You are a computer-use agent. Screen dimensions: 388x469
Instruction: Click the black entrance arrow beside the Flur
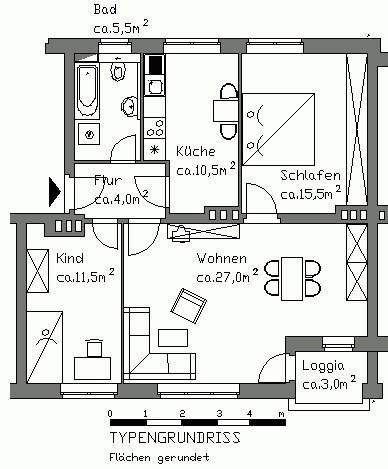click(55, 192)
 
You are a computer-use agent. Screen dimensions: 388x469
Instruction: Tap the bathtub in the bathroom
click(87, 90)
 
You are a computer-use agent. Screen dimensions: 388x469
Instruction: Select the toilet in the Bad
click(117, 69)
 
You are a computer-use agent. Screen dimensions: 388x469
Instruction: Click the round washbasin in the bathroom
click(129, 106)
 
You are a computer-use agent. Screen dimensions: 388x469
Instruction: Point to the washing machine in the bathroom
click(89, 134)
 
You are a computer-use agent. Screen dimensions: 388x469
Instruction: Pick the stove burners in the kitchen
click(155, 127)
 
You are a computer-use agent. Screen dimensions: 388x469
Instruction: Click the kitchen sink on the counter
click(155, 87)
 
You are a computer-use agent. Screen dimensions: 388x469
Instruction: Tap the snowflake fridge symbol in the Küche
click(154, 150)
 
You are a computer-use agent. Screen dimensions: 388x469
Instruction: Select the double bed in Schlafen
click(278, 129)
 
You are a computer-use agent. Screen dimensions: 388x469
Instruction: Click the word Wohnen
click(222, 259)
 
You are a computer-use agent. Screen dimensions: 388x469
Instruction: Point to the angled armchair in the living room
click(188, 306)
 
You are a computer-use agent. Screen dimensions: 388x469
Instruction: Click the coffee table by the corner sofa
click(173, 338)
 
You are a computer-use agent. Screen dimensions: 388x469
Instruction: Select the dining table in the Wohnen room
click(292, 279)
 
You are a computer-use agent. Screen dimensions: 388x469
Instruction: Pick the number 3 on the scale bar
click(219, 414)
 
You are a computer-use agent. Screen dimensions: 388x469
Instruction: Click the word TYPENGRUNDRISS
click(175, 437)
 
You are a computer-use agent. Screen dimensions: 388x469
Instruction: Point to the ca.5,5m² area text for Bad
click(121, 27)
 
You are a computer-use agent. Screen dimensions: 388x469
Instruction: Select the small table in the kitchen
click(226, 111)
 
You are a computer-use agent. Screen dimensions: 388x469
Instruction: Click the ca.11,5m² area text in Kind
click(85, 276)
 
